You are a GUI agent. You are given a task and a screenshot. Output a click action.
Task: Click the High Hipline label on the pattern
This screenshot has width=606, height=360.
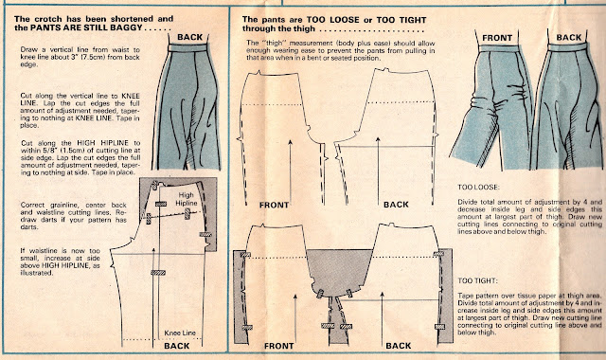pyautogui.click(x=187, y=199)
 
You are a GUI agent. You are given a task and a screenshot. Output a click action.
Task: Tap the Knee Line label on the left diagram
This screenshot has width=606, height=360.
pyautogui.click(x=180, y=333)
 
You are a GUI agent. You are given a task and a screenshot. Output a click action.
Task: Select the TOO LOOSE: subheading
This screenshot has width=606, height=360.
pyautogui.click(x=478, y=188)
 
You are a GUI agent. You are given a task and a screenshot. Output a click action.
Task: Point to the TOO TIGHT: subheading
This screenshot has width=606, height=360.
pyautogui.click(x=477, y=280)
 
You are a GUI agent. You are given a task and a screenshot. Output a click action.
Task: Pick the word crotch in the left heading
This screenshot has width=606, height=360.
pyautogui.click(x=48, y=19)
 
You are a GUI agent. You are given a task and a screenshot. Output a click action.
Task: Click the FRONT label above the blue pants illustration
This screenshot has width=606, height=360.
pyautogui.click(x=497, y=38)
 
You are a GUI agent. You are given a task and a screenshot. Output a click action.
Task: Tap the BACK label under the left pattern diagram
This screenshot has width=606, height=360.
pyautogui.click(x=177, y=346)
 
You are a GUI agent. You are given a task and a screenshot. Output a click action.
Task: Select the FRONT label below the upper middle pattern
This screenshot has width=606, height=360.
pyautogui.click(x=274, y=205)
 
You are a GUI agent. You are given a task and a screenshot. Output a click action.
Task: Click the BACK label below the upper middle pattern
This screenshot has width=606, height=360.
pyautogui.click(x=396, y=205)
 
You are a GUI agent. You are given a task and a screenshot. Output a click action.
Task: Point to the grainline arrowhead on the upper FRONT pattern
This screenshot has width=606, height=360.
pyautogui.click(x=290, y=143)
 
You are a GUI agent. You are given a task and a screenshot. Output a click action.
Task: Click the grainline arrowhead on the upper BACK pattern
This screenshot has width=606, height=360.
pyautogui.click(x=378, y=139)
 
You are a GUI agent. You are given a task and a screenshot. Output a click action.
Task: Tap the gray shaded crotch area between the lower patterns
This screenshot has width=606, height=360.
pyautogui.click(x=339, y=269)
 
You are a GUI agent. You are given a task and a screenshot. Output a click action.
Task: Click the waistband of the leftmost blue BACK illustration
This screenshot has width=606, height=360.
pyautogui.click(x=187, y=48)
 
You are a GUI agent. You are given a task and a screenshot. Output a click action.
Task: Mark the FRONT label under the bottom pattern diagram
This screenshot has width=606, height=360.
pyautogui.click(x=278, y=346)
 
